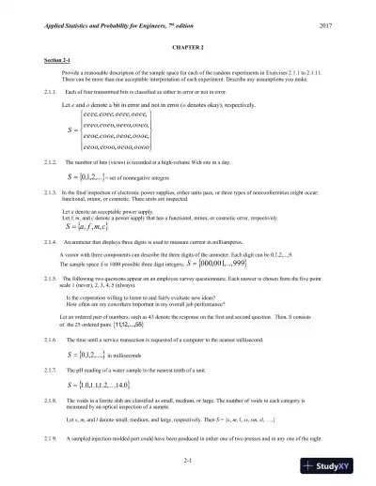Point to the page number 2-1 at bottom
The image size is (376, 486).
click(188, 460)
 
